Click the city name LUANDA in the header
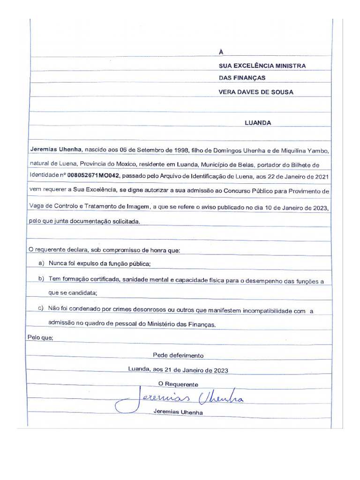(258, 123)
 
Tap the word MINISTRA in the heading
(291, 66)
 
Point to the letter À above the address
(221, 52)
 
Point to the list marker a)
(41, 263)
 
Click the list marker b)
(41, 279)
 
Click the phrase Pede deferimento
(178, 355)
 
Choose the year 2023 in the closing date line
(221, 370)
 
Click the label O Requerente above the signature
(178, 384)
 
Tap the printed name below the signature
(178, 413)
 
